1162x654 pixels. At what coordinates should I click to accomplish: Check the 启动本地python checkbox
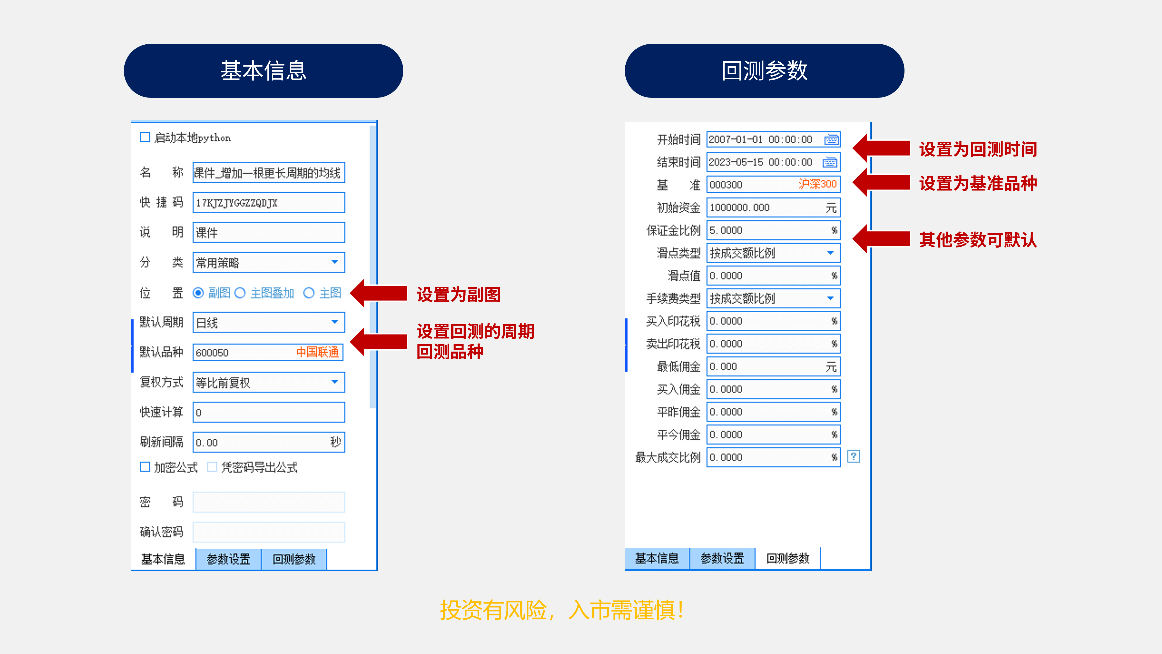click(x=145, y=137)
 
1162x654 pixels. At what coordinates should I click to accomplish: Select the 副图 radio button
click(x=198, y=293)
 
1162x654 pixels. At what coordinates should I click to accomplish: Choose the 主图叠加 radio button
click(x=240, y=293)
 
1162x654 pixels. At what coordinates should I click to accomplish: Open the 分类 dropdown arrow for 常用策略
click(x=335, y=262)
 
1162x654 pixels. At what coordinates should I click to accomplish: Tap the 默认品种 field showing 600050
click(x=268, y=352)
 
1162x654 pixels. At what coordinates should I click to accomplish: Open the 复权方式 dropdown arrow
click(x=335, y=382)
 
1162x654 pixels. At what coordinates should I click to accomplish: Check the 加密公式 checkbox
click(x=145, y=467)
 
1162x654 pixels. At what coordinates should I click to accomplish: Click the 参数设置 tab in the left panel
click(x=228, y=559)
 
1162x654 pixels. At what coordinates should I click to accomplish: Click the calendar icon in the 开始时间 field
click(x=831, y=140)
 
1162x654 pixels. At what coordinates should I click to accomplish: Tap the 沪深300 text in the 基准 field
click(x=817, y=184)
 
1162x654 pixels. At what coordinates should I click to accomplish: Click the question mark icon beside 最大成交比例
click(x=854, y=456)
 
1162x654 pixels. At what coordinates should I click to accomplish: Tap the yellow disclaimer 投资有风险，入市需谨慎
click(x=562, y=610)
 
